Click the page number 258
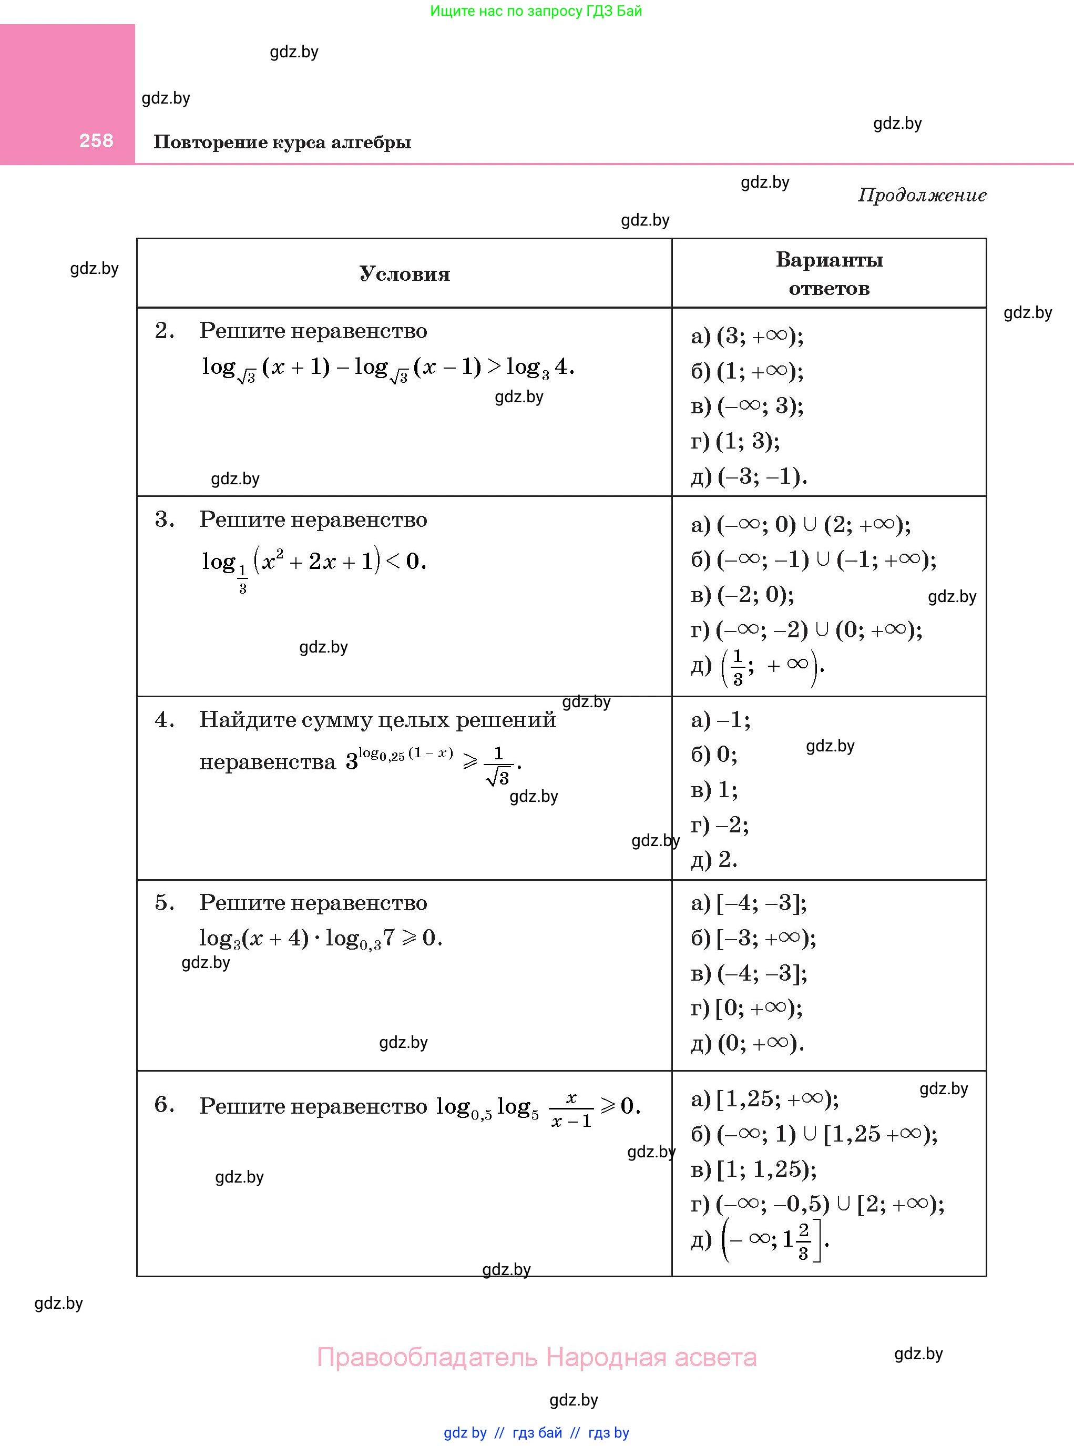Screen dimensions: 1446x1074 96,140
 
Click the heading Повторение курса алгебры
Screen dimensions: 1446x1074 282,142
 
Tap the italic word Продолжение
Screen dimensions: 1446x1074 922,195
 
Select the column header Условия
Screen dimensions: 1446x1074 404,274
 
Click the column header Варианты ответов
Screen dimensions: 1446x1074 829,274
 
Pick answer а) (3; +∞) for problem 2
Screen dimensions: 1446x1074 747,335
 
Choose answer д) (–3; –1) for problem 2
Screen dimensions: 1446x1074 749,476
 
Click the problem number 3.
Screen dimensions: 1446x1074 165,519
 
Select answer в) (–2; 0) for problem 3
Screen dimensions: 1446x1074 742,594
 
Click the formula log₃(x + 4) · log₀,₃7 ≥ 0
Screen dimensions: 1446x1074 320,938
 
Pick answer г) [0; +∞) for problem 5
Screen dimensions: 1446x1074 746,1008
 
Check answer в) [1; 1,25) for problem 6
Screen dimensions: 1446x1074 753,1169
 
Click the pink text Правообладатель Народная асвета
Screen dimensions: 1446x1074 536,1358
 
